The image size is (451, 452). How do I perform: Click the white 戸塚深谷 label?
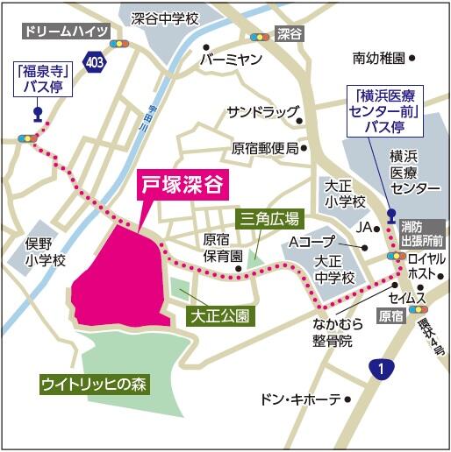[x=184, y=186]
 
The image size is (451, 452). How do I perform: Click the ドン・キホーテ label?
[x=300, y=399]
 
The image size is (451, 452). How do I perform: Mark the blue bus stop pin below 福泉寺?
[x=37, y=112]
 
